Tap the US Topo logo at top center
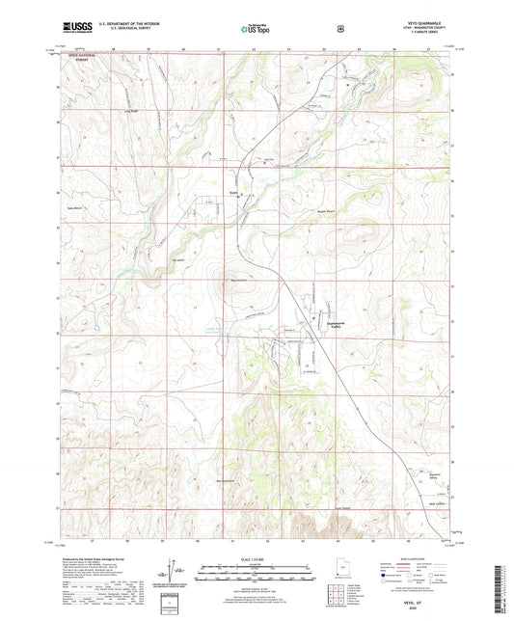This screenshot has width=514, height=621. tap(255, 29)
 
